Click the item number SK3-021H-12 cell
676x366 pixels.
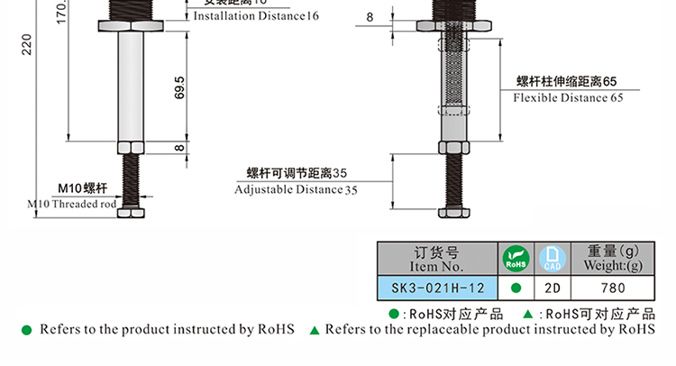point(438,288)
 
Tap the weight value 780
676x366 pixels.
point(613,288)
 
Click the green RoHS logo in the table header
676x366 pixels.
point(516,260)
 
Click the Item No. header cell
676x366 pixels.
point(438,260)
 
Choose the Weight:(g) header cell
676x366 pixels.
point(613,260)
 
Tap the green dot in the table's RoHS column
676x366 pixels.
point(516,288)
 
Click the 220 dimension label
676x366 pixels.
point(26,42)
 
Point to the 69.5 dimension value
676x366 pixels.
point(180,87)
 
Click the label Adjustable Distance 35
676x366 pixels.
point(296,189)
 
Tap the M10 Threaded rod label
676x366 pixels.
point(73,205)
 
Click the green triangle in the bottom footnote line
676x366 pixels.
point(315,330)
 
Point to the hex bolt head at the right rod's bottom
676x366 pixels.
point(452,214)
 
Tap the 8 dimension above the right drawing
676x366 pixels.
point(370,17)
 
